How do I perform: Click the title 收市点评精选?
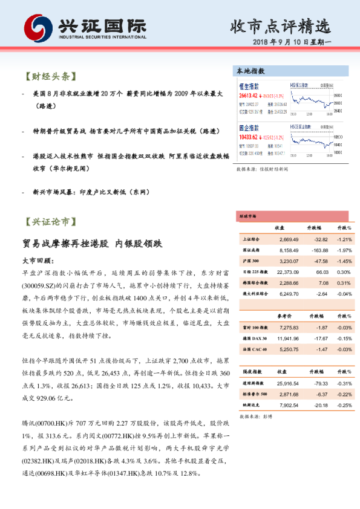coord(281,27)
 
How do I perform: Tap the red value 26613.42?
coord(249,96)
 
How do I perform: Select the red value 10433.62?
coord(249,137)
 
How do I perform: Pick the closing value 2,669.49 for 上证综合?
coord(287,239)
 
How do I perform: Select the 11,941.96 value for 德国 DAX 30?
coord(287,339)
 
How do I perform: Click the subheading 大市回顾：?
coord(38,261)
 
